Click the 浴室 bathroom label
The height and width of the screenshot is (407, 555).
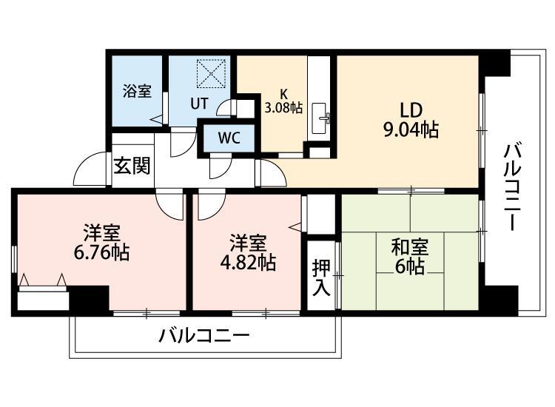tap(137, 92)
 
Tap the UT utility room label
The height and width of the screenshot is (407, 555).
tap(198, 104)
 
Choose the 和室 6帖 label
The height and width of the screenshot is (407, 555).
tap(410, 257)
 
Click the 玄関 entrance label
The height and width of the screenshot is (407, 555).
tap(131, 164)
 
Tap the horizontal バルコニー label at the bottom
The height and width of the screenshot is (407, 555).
tap(203, 337)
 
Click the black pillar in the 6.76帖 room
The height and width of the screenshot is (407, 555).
tap(90, 300)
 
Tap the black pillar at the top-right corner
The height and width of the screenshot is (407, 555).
tap(496, 62)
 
